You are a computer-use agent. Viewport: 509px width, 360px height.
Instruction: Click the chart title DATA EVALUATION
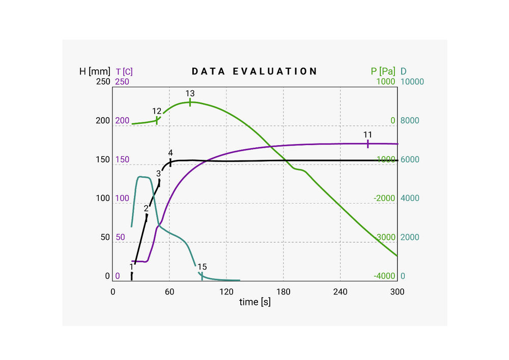tap(254, 71)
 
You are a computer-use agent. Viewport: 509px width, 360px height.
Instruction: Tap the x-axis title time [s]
tap(255, 302)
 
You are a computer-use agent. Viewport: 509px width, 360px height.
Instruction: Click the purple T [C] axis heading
tap(124, 71)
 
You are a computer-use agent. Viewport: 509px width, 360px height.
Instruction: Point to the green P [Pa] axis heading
tap(383, 71)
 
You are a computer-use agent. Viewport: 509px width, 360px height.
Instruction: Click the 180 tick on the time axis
tap(283, 292)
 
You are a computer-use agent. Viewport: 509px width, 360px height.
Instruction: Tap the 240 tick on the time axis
tap(340, 292)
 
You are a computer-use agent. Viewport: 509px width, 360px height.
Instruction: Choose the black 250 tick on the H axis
tap(103, 81)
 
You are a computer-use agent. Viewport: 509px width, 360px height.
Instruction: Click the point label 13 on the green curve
tap(190, 94)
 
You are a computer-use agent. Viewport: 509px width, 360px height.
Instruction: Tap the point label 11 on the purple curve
tap(367, 134)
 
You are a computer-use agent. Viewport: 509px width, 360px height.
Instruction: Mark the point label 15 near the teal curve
tap(202, 267)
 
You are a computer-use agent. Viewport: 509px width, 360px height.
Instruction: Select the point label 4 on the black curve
tap(171, 153)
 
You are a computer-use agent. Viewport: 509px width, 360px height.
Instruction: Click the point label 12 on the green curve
tap(157, 111)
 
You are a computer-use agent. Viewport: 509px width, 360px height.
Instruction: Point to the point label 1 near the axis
tap(131, 266)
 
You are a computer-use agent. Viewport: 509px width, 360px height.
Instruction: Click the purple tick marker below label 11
tap(367, 144)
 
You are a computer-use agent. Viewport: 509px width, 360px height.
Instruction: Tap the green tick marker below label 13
tap(190, 102)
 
